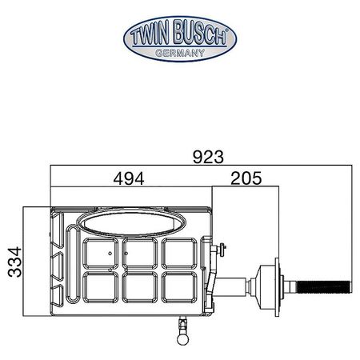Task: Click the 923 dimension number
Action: (208, 157)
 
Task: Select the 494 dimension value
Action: (129, 178)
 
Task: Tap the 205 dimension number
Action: (246, 178)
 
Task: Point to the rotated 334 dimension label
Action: (14, 262)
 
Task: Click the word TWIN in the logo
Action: (150, 35)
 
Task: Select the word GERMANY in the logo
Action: (180, 53)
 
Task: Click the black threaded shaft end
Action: (324, 287)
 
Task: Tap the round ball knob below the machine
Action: (183, 339)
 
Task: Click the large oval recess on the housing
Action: (131, 223)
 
